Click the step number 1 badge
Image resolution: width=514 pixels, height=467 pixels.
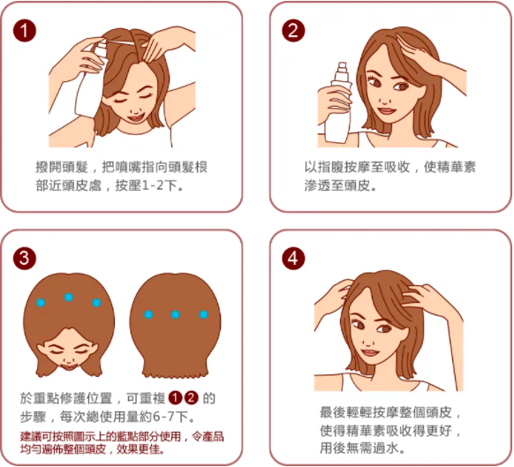pyautogui.click(x=25, y=31)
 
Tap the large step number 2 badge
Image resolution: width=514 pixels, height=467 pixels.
pyautogui.click(x=293, y=31)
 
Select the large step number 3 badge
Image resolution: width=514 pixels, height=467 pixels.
pyautogui.click(x=25, y=259)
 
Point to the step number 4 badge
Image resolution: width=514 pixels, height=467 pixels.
pyautogui.click(x=293, y=259)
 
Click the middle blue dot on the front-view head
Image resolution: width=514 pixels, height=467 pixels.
pyautogui.click(x=69, y=297)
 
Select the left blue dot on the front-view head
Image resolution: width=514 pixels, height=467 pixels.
pyautogui.click(x=41, y=303)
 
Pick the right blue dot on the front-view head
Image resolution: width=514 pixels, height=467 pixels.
pyautogui.click(x=96, y=303)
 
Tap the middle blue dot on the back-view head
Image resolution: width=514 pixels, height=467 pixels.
pyautogui.click(x=176, y=314)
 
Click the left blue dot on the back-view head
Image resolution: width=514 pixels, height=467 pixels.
pyautogui.click(x=148, y=314)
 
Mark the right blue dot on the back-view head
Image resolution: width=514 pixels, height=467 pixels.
pyautogui.click(x=203, y=314)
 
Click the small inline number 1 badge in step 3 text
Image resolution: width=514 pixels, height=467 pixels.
pyautogui.click(x=175, y=398)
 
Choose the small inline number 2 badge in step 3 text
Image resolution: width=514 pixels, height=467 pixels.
pyautogui.click(x=192, y=398)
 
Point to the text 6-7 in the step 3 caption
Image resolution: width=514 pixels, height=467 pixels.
pyautogui.click(x=164, y=417)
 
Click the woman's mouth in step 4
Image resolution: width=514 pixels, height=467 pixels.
pyautogui.click(x=370, y=352)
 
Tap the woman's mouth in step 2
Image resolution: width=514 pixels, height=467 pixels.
pyautogui.click(x=386, y=110)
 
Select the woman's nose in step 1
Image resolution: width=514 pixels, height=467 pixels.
pyautogui.click(x=135, y=109)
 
